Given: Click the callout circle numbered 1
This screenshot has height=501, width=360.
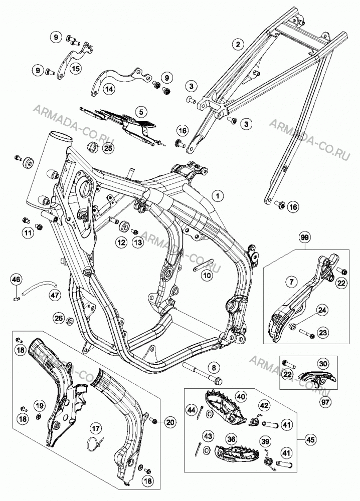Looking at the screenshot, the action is point(218,195).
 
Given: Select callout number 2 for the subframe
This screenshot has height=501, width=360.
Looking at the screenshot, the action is point(238,44).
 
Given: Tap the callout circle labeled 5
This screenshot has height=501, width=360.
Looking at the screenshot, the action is point(141,112).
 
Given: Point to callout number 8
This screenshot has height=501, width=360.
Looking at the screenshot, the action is point(214,367).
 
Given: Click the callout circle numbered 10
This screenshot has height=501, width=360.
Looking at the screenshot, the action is point(207,275).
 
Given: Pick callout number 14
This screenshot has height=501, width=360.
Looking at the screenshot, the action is point(109,89).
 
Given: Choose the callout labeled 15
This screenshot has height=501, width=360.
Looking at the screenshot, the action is point(75,68).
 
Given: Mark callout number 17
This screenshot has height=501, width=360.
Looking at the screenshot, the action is point(95,427).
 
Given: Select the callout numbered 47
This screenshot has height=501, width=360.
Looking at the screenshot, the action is point(55,295).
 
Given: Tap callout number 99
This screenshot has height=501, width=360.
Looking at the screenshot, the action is point(305,237).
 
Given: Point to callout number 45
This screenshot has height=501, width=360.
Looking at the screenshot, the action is point(310,440).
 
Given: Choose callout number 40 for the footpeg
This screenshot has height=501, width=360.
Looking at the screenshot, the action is point(241,397).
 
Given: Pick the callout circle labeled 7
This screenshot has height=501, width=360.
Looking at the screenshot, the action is point(291,282).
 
